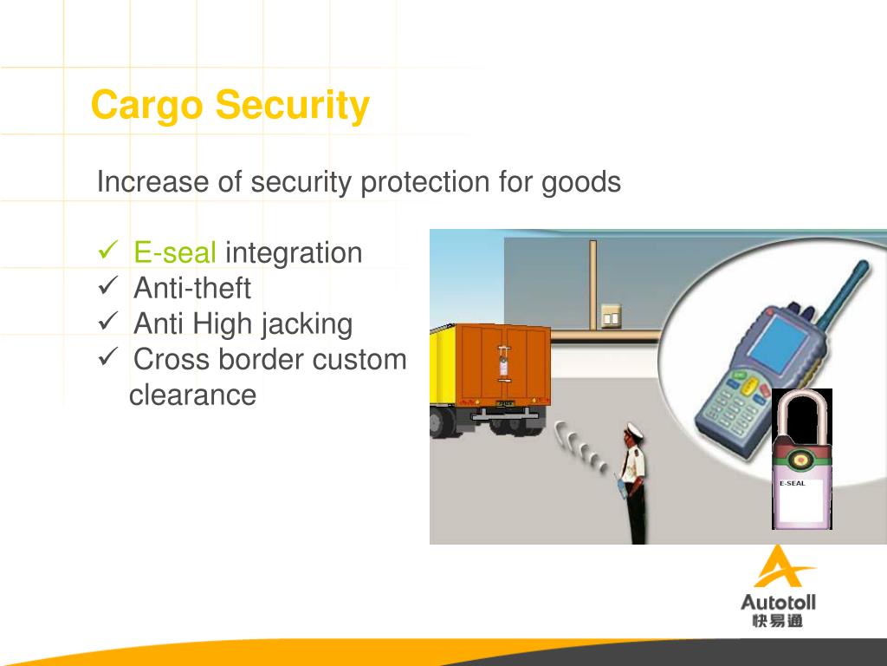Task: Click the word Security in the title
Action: pyautogui.click(x=293, y=106)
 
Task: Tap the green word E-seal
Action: pyautogui.click(x=175, y=253)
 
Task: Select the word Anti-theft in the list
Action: pyautogui.click(x=192, y=288)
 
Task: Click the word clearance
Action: pyautogui.click(x=192, y=395)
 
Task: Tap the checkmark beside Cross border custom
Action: pyautogui.click(x=108, y=357)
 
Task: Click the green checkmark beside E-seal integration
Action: pyautogui.click(x=108, y=252)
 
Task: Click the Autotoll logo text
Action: pyautogui.click(x=778, y=601)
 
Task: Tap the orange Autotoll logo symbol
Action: pyautogui.click(x=780, y=566)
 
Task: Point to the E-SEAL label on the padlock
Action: pyautogui.click(x=793, y=483)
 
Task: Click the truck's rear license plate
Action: pyautogui.click(x=505, y=403)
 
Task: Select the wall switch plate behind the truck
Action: pyautogui.click(x=612, y=316)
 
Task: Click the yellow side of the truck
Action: pyautogui.click(x=444, y=364)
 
